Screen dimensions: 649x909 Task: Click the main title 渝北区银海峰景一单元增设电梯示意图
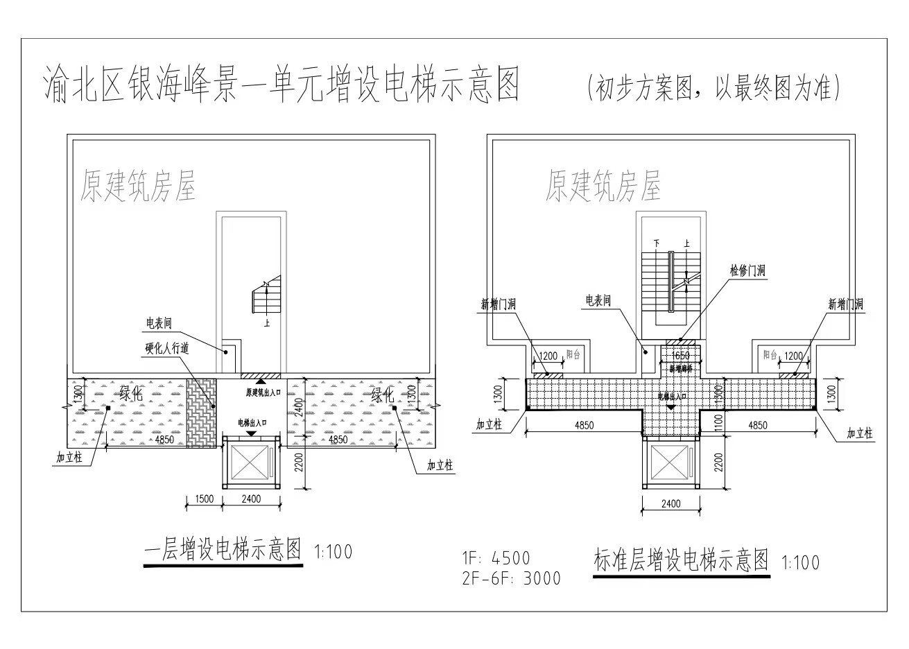tap(281, 85)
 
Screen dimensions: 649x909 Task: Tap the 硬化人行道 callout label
tap(166, 349)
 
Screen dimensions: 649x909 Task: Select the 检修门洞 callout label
tap(747, 270)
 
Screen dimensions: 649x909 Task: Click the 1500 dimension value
tap(204, 499)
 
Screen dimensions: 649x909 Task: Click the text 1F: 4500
tap(496, 558)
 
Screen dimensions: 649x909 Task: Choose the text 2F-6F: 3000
tap(512, 578)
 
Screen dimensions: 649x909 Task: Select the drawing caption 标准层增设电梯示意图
tap(682, 560)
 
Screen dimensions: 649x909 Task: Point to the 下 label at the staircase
tap(656, 243)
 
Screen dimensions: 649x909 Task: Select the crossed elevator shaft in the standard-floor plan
tap(671, 465)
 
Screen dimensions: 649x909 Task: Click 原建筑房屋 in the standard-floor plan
tap(603, 185)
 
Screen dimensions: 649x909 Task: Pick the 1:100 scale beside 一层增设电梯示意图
tap(334, 553)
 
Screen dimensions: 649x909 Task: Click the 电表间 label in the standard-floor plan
tap(598, 301)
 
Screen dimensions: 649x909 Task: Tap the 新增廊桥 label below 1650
tap(681, 369)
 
